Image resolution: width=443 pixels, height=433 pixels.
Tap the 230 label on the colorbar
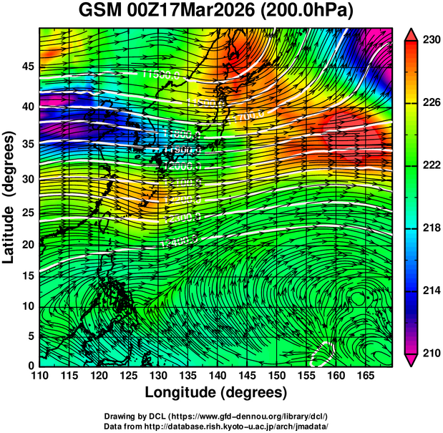(x=431, y=41)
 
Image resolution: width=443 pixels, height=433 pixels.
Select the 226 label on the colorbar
(x=431, y=103)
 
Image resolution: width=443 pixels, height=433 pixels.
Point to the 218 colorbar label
(x=431, y=228)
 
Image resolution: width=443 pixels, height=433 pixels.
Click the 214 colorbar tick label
(x=431, y=290)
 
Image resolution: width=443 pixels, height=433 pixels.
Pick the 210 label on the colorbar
(x=431, y=352)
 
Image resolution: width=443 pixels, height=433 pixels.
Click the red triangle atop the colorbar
(x=412, y=35)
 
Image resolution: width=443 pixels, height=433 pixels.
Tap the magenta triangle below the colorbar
(x=412, y=359)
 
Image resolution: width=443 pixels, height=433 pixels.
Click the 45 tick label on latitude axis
(x=26, y=67)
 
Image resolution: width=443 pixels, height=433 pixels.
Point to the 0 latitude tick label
(x=30, y=366)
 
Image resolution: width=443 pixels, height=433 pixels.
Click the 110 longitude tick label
(x=39, y=375)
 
